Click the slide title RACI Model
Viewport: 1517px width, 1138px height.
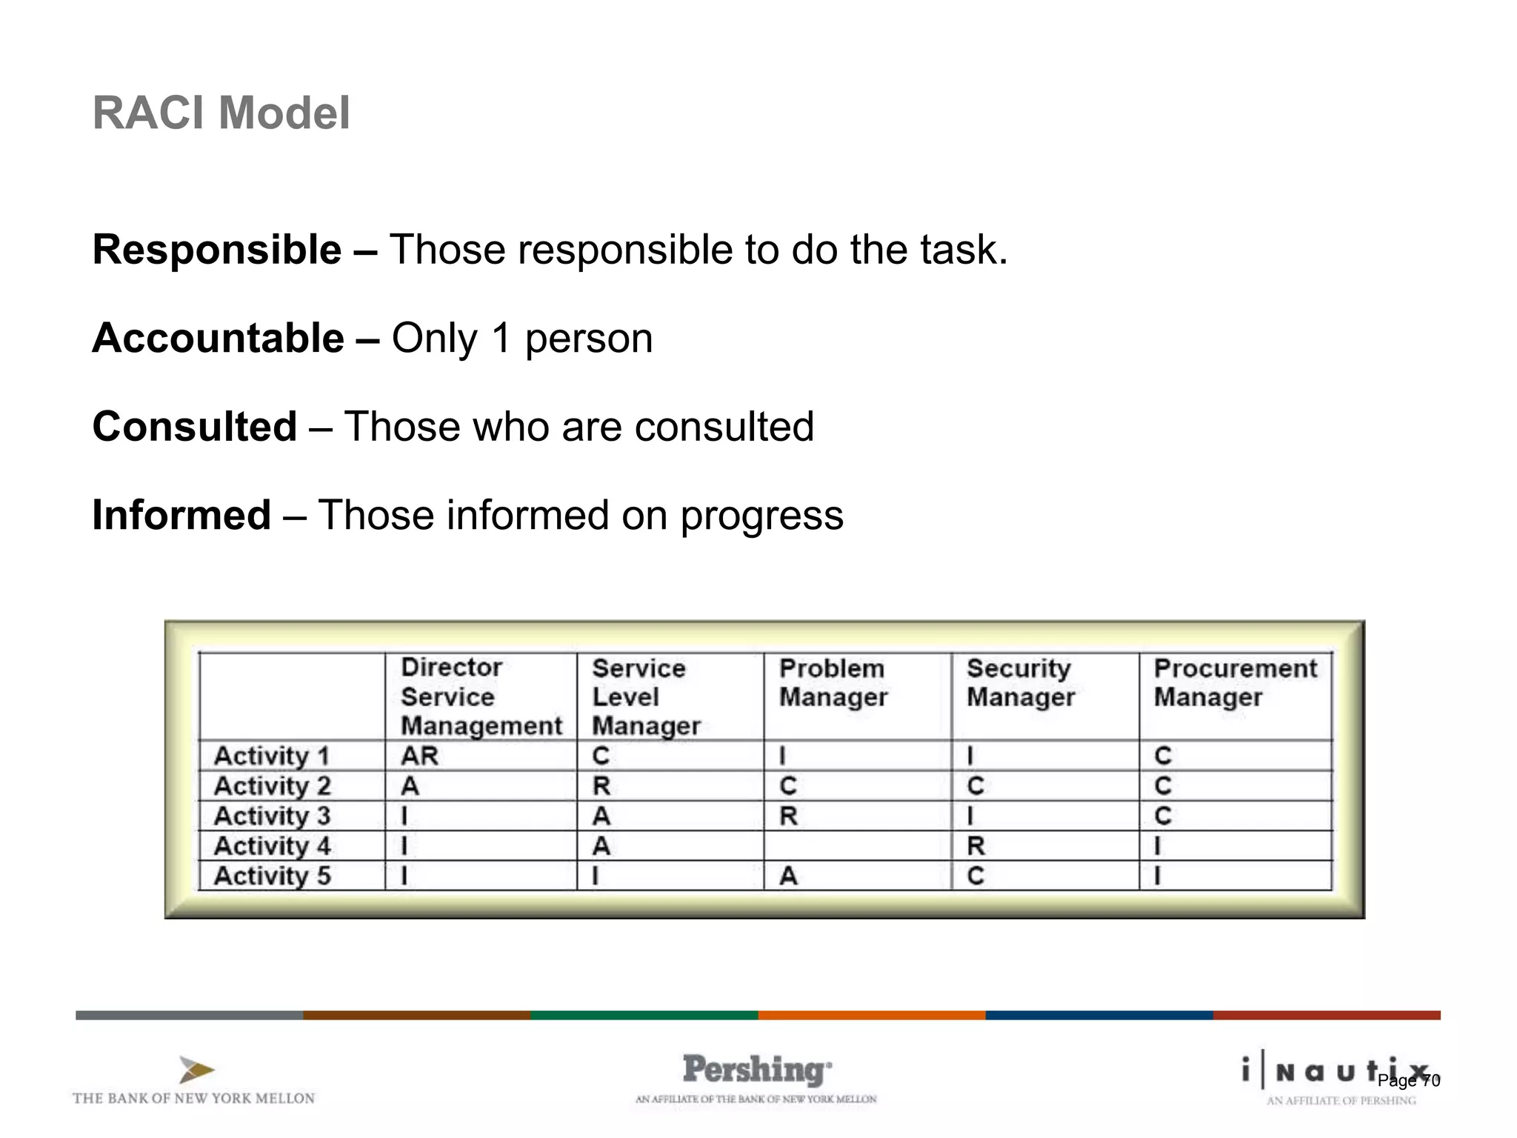coord(221,113)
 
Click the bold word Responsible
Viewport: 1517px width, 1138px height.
coord(216,250)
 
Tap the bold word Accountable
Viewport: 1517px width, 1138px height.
coord(218,339)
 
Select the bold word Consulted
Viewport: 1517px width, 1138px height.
coord(194,427)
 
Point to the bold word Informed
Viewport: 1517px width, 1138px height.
coord(181,516)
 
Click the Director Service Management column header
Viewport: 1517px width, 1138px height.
coord(481,696)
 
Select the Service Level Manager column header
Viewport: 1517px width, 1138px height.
coord(645,696)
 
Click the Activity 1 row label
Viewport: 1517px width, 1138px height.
coord(271,756)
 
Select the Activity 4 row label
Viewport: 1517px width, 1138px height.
coord(272,846)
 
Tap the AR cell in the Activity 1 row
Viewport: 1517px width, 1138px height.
coord(419,756)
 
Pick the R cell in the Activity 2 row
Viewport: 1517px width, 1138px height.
coord(601,786)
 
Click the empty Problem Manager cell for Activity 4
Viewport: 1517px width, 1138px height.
coord(857,846)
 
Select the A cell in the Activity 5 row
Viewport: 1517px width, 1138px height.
coord(788,876)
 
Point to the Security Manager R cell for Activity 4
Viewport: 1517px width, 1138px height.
coord(976,846)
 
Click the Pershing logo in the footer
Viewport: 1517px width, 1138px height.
coord(756,1071)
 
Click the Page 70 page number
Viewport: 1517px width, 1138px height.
coord(1408,1081)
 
